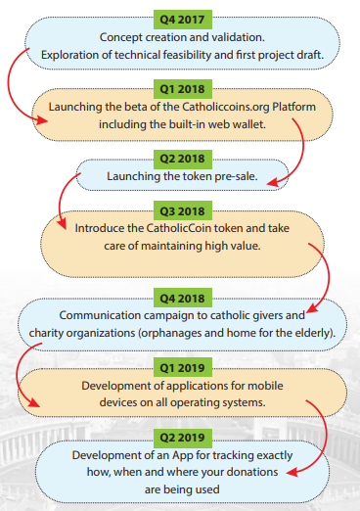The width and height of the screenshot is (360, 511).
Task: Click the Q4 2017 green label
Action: [x=183, y=20]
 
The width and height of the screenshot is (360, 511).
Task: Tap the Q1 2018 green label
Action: [x=183, y=89]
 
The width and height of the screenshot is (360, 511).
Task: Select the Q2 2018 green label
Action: [x=183, y=159]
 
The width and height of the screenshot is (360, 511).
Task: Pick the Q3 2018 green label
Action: [x=183, y=211]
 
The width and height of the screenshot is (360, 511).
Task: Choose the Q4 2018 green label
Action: [x=183, y=298]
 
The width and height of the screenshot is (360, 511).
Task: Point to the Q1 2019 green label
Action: [x=183, y=367]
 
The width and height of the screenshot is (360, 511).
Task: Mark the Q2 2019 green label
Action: [x=183, y=438]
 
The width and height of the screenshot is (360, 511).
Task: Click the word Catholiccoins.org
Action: [x=226, y=108]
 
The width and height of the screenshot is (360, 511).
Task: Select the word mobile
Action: [x=265, y=386]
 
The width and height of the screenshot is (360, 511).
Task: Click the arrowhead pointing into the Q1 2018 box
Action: [x=42, y=120]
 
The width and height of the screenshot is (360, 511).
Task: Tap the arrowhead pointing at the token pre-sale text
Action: [x=273, y=182]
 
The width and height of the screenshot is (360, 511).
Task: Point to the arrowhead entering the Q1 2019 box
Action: [x=33, y=402]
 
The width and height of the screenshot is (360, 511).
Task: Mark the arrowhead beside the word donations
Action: [x=292, y=472]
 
